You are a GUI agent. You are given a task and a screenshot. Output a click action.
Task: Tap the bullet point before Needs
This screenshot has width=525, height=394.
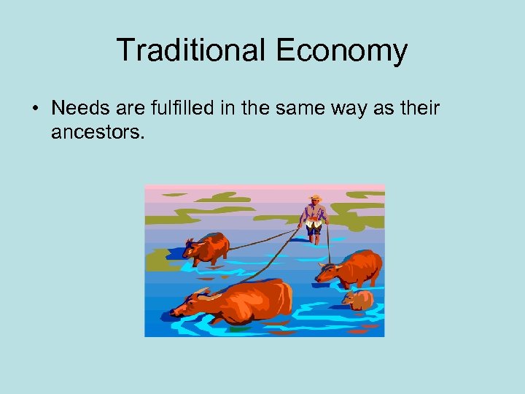tap(35, 109)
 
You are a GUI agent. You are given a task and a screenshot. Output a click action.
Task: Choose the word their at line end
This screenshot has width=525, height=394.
tap(419, 109)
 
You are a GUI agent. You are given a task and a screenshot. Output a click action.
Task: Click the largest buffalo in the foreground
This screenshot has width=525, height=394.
tap(248, 301)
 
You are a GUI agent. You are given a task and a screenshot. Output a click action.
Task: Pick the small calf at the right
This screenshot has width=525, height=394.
tap(358, 300)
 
